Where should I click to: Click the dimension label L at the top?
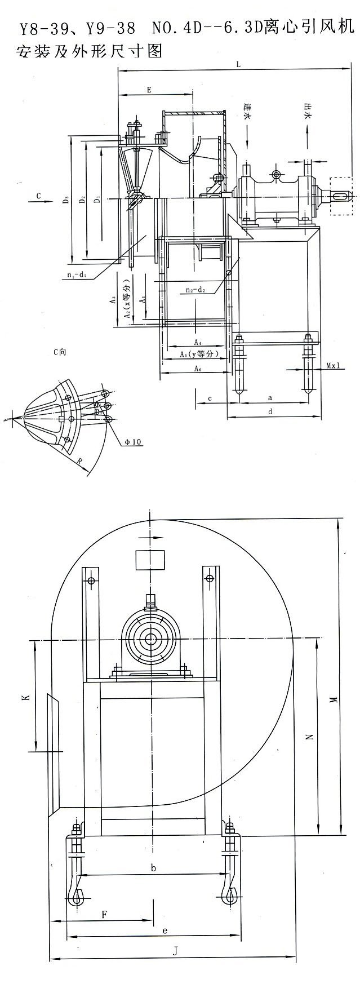point(239,65)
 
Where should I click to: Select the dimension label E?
point(149,90)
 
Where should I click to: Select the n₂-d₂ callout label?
point(194,290)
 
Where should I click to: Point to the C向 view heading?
point(59,352)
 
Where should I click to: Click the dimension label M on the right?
point(334,699)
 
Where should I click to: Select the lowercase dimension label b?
point(153,868)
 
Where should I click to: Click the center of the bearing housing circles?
point(150,639)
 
